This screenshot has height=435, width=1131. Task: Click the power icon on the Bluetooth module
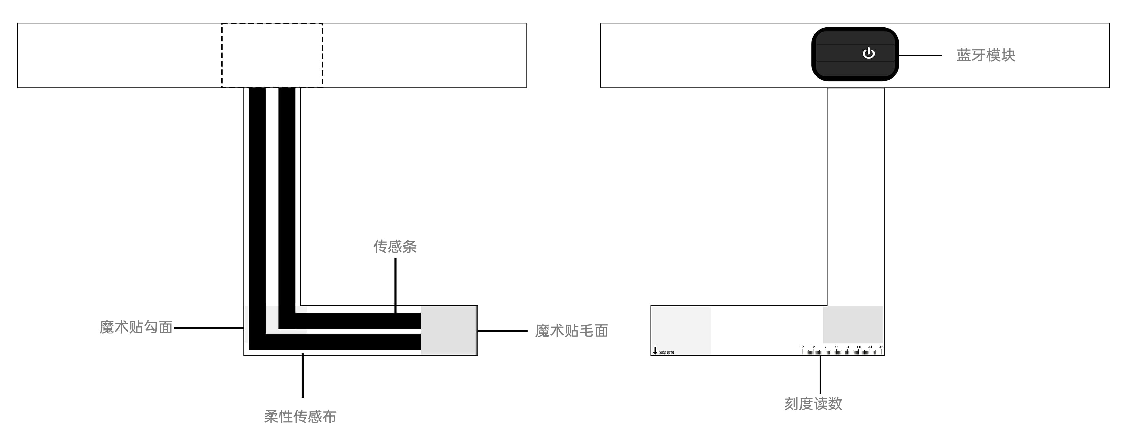(x=868, y=53)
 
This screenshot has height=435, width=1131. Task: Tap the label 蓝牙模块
(x=986, y=55)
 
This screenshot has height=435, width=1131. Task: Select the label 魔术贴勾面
(x=136, y=327)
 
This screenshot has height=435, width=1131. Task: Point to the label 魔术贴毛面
(x=571, y=331)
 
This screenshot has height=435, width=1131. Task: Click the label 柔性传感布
(x=300, y=416)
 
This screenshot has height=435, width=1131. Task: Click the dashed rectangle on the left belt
(x=272, y=55)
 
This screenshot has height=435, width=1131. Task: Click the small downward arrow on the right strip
(x=655, y=351)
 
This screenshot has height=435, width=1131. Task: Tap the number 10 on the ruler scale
(x=859, y=347)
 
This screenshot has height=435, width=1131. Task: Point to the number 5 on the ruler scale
(x=803, y=347)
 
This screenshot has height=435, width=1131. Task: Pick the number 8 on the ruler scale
(x=836, y=347)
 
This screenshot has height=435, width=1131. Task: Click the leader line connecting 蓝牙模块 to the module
(x=920, y=55)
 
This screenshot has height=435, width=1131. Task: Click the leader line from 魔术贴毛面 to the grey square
(x=502, y=331)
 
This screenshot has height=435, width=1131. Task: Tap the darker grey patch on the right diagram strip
(x=853, y=324)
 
